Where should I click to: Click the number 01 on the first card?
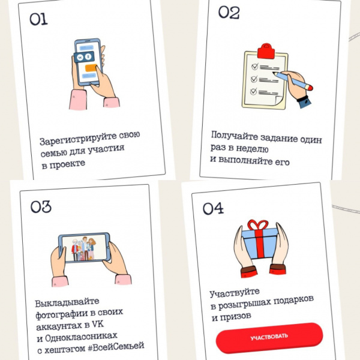click(x=38, y=19)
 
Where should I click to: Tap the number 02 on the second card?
click(x=229, y=13)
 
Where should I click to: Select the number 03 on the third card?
click(x=41, y=207)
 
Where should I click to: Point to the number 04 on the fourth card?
click(x=213, y=208)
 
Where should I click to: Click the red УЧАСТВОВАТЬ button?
click(x=269, y=337)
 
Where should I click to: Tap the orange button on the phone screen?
click(x=91, y=68)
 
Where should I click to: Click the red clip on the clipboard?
click(x=266, y=50)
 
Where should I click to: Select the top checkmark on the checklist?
click(x=254, y=67)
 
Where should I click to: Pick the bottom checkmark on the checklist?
click(x=253, y=91)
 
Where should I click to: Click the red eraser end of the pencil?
click(x=309, y=88)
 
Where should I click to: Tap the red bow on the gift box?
click(x=258, y=224)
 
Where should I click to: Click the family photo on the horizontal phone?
click(x=85, y=247)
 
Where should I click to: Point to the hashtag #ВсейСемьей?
click(x=116, y=346)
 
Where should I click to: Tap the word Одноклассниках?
click(x=81, y=337)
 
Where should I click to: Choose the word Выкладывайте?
click(x=67, y=302)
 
